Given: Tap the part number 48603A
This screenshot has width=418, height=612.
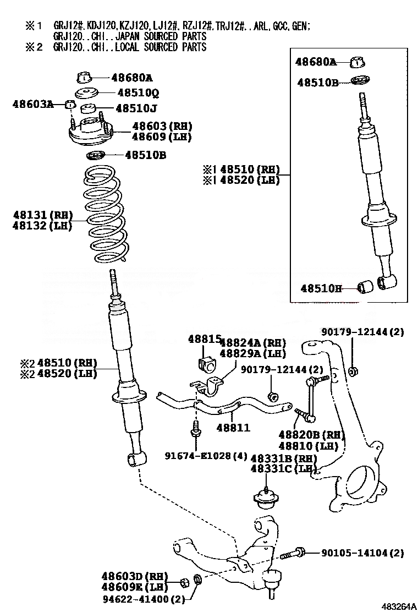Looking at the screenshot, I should [x=32, y=104].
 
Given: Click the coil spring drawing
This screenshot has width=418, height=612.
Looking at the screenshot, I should [x=106, y=215].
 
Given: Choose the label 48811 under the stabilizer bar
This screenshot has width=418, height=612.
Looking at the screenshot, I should [x=233, y=427].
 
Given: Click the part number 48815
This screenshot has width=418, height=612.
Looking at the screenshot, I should [x=204, y=338].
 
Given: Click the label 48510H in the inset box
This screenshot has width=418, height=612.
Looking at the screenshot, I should [x=321, y=288].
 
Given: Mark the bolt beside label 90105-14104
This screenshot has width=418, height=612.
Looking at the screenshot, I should [x=293, y=552].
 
